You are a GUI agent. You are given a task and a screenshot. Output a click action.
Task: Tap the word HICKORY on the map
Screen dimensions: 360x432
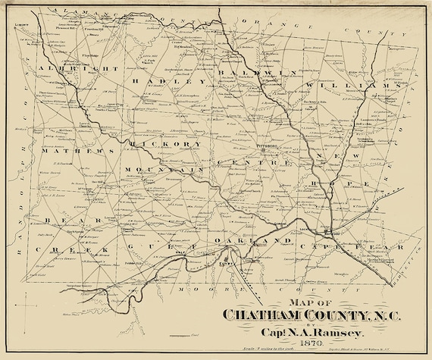coord(166,142)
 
